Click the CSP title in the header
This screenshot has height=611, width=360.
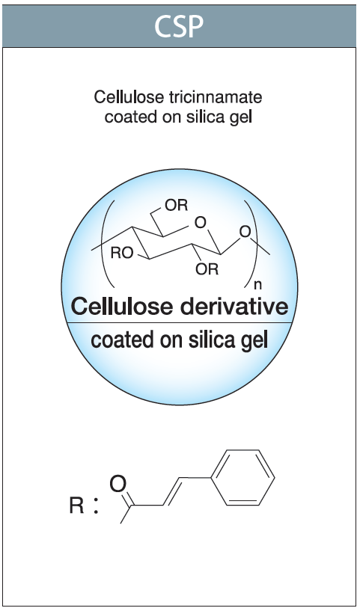179,26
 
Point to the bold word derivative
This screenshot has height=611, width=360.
234,307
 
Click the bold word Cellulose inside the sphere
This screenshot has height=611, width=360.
122,307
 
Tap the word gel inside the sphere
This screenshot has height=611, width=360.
254,341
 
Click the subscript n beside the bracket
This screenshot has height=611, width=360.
257,286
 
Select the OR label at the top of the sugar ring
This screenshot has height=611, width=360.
177,206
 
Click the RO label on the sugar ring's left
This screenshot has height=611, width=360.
122,254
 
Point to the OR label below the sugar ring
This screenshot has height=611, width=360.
207,269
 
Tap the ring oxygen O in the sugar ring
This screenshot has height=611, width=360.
200,223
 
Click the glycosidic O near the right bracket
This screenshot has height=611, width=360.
245,233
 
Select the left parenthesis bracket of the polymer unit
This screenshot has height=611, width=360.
109,244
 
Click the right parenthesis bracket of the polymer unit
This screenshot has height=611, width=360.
251,244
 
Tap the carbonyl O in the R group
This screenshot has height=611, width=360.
118,484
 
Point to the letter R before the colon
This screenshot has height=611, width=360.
77,506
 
